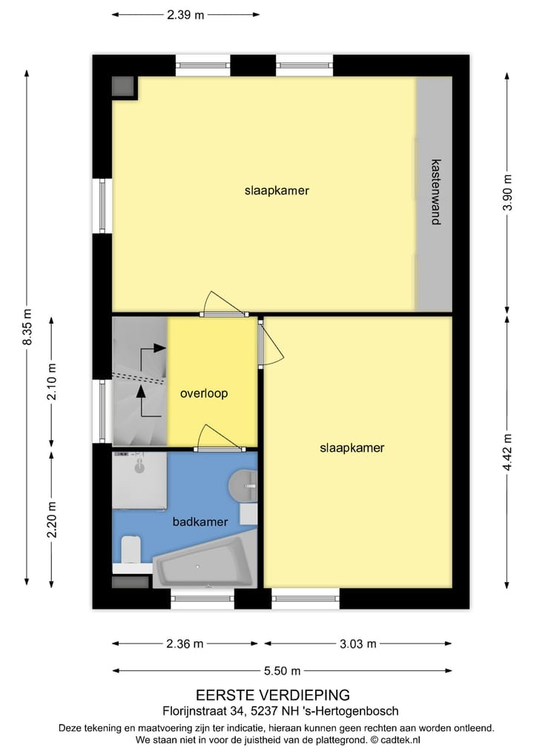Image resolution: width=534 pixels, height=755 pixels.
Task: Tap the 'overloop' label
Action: (x=204, y=393)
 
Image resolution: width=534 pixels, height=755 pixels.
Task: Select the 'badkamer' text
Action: (x=200, y=522)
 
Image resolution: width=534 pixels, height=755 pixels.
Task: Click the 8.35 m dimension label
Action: (x=27, y=327)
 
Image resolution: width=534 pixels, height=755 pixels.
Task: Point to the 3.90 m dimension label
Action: (x=507, y=192)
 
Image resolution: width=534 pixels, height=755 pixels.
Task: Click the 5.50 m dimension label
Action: (x=281, y=671)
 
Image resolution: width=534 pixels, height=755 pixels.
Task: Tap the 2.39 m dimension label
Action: (x=185, y=14)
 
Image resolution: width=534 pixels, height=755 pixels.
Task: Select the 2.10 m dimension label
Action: (x=51, y=382)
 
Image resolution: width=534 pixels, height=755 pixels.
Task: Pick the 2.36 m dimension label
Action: (x=185, y=644)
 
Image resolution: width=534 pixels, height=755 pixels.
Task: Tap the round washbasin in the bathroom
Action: (x=243, y=486)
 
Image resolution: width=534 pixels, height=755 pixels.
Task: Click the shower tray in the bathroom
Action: (x=139, y=480)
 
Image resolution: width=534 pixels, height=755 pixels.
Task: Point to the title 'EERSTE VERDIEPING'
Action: (x=272, y=695)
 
